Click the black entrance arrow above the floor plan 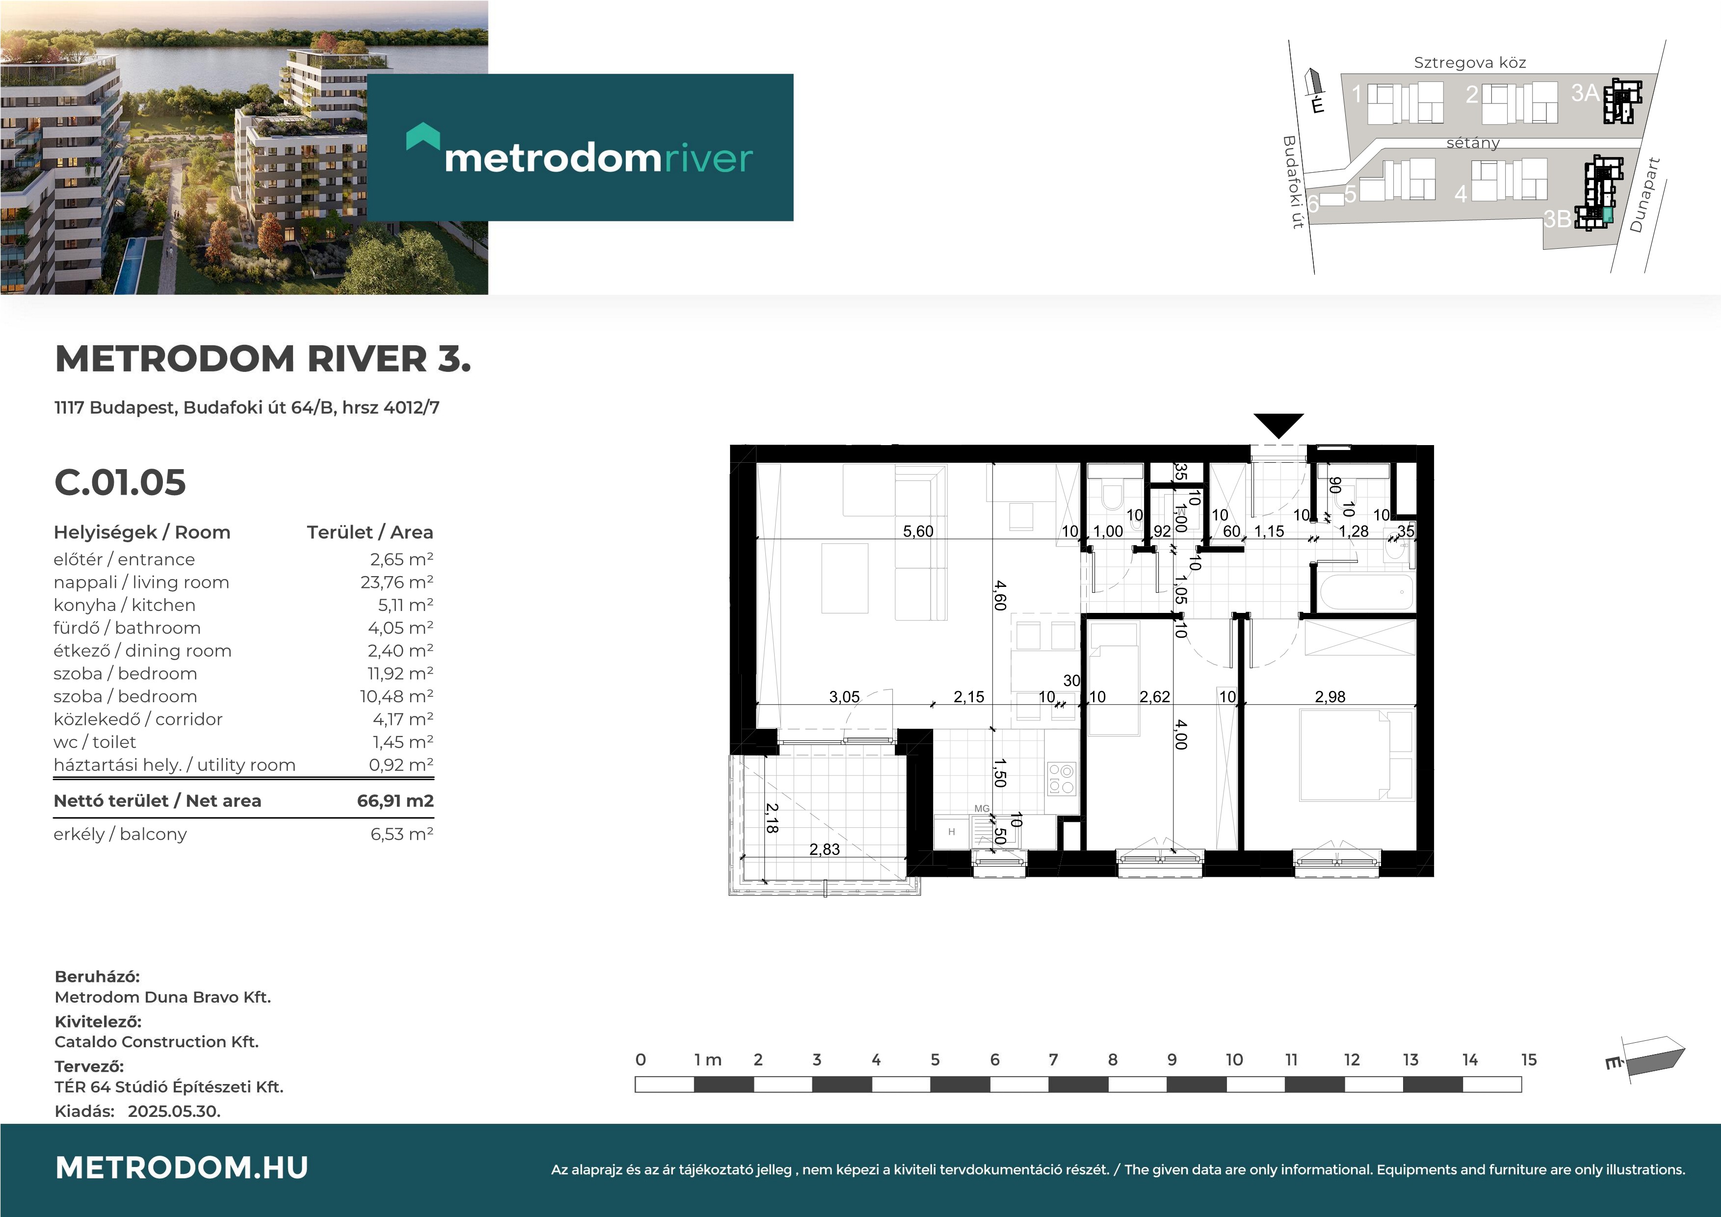[x=1279, y=425]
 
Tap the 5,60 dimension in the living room [x=918, y=531]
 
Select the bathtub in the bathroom [x=1366, y=592]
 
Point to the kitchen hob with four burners [x=1061, y=778]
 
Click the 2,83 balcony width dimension [x=825, y=849]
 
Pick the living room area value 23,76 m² [x=396, y=582]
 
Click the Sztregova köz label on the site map [x=1470, y=62]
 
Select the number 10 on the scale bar [x=1234, y=1059]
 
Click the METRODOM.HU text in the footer [x=182, y=1167]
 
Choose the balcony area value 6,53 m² [x=402, y=834]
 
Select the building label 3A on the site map [x=1585, y=92]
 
